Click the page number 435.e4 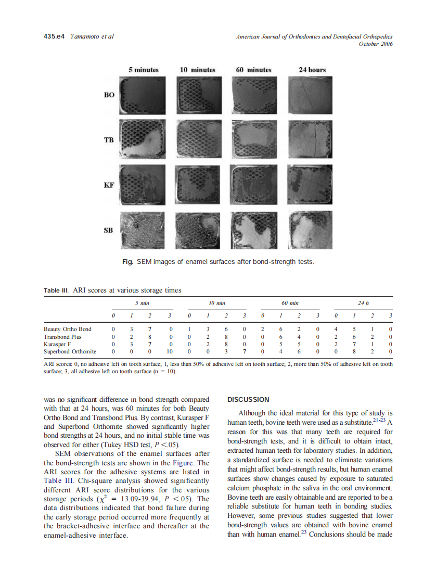click(x=53, y=37)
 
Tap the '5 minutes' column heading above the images click(x=144, y=70)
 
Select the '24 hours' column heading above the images click(x=312, y=70)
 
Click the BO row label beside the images click(x=109, y=95)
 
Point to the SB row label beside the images click(x=109, y=230)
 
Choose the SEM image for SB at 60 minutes click(x=256, y=230)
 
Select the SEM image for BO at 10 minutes click(x=200, y=95)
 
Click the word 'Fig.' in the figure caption click(x=127, y=261)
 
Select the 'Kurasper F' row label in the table click(x=59, y=344)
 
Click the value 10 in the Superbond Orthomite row click(x=170, y=351)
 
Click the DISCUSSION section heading click(x=248, y=400)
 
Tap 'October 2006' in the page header click(x=376, y=44)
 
